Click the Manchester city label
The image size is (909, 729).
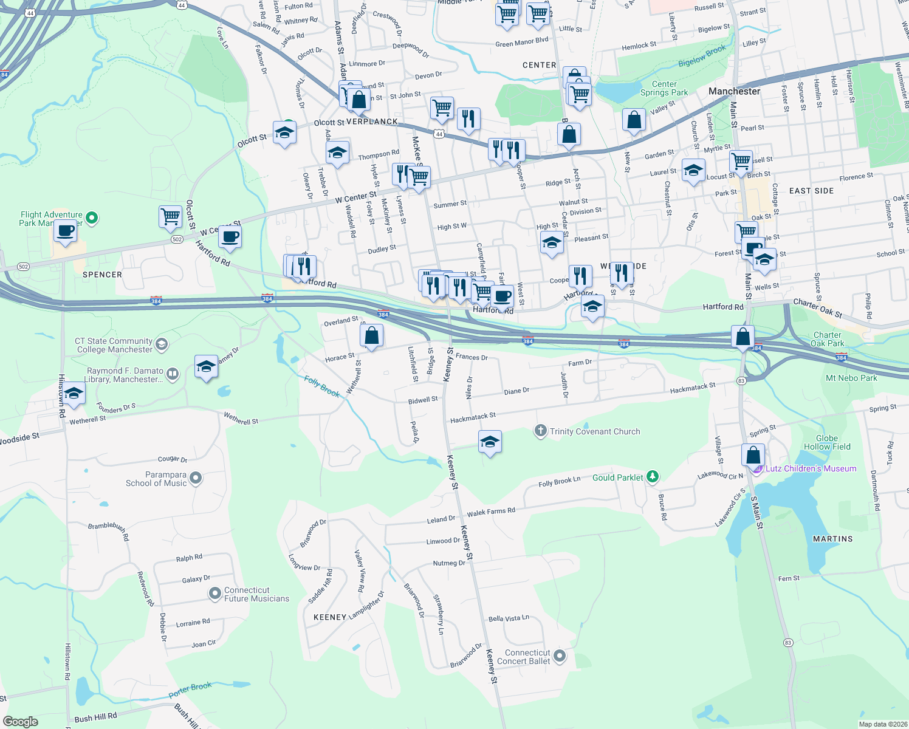pos(734,91)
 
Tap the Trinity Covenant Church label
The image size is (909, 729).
pos(594,431)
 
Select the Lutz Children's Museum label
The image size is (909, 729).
pos(811,468)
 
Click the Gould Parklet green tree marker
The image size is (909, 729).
pos(653,477)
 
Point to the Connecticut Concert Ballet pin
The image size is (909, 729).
pos(560,656)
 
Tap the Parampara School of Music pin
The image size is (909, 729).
pos(196,479)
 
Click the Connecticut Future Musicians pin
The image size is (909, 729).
pos(214,594)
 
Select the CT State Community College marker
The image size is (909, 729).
pos(162,345)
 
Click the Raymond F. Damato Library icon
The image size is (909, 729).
pos(173,374)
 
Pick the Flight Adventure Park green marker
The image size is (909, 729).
pos(92,217)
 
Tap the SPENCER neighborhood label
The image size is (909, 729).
pos(102,275)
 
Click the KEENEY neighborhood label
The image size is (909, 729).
pos(330,617)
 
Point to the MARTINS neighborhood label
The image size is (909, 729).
pos(832,539)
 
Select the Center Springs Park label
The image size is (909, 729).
pos(664,89)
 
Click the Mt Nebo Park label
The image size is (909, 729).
pos(851,378)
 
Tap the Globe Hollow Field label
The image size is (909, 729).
pos(826,442)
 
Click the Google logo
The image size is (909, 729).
pos(21,721)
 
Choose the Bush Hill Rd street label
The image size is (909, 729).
pos(95,717)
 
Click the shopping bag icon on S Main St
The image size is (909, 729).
pos(753,455)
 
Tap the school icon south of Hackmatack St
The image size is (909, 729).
pos(490,442)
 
